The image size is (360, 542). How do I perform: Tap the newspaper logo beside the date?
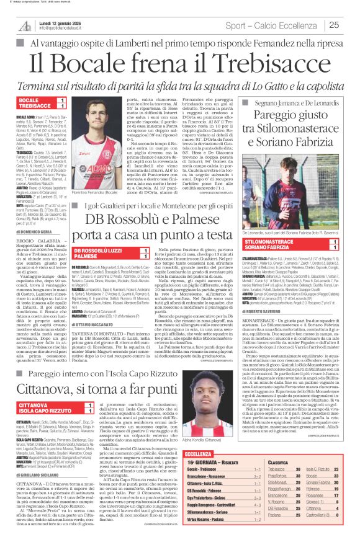25,25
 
